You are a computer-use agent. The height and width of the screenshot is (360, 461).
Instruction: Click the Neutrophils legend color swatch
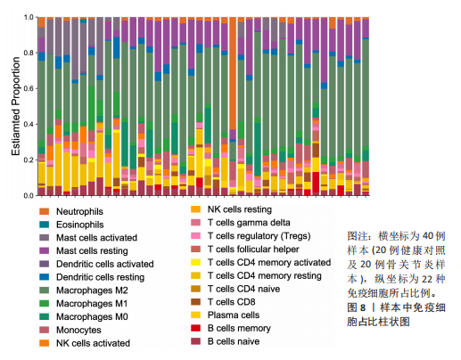pyautogui.click(x=44, y=211)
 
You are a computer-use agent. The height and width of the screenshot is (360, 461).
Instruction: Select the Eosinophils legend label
pyautogui.click(x=80, y=225)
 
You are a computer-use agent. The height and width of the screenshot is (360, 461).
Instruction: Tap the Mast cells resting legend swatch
pyautogui.click(x=44, y=250)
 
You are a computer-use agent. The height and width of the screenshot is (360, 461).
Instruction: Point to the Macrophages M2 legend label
pyautogui.click(x=92, y=290)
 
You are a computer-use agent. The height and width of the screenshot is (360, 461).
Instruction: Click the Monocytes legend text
pyautogui.click(x=78, y=330)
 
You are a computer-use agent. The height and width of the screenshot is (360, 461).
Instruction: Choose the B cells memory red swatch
pyautogui.click(x=195, y=328)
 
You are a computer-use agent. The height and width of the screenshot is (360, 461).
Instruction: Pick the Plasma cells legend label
pyautogui.click(x=234, y=315)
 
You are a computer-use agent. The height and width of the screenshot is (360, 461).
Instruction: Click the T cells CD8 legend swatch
pyautogui.click(x=195, y=302)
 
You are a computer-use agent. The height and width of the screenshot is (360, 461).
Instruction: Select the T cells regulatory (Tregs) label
pyautogui.click(x=259, y=236)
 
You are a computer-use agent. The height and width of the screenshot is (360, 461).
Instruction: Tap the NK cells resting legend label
pyautogui.click(x=240, y=209)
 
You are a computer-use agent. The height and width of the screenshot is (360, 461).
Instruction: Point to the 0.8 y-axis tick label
pyautogui.click(x=29, y=53)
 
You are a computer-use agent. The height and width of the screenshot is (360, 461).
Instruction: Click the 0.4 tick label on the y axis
pyautogui.click(x=29, y=124)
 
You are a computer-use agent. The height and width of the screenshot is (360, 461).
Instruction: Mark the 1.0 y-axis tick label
pyautogui.click(x=29, y=17)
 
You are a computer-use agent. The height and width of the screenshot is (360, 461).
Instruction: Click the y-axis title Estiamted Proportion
pyautogui.click(x=16, y=106)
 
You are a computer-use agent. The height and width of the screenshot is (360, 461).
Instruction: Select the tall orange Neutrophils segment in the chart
pyautogui.click(x=233, y=73)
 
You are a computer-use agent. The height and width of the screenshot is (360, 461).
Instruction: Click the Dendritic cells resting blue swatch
pyautogui.click(x=44, y=277)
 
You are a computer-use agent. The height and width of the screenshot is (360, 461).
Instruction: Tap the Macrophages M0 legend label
pyautogui.click(x=92, y=316)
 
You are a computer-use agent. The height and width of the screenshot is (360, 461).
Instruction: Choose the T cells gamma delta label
pyautogui.click(x=249, y=223)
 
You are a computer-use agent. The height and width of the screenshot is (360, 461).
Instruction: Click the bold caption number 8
pyautogui.click(x=363, y=307)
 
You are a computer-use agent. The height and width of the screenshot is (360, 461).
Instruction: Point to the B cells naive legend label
pyautogui.click(x=234, y=341)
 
